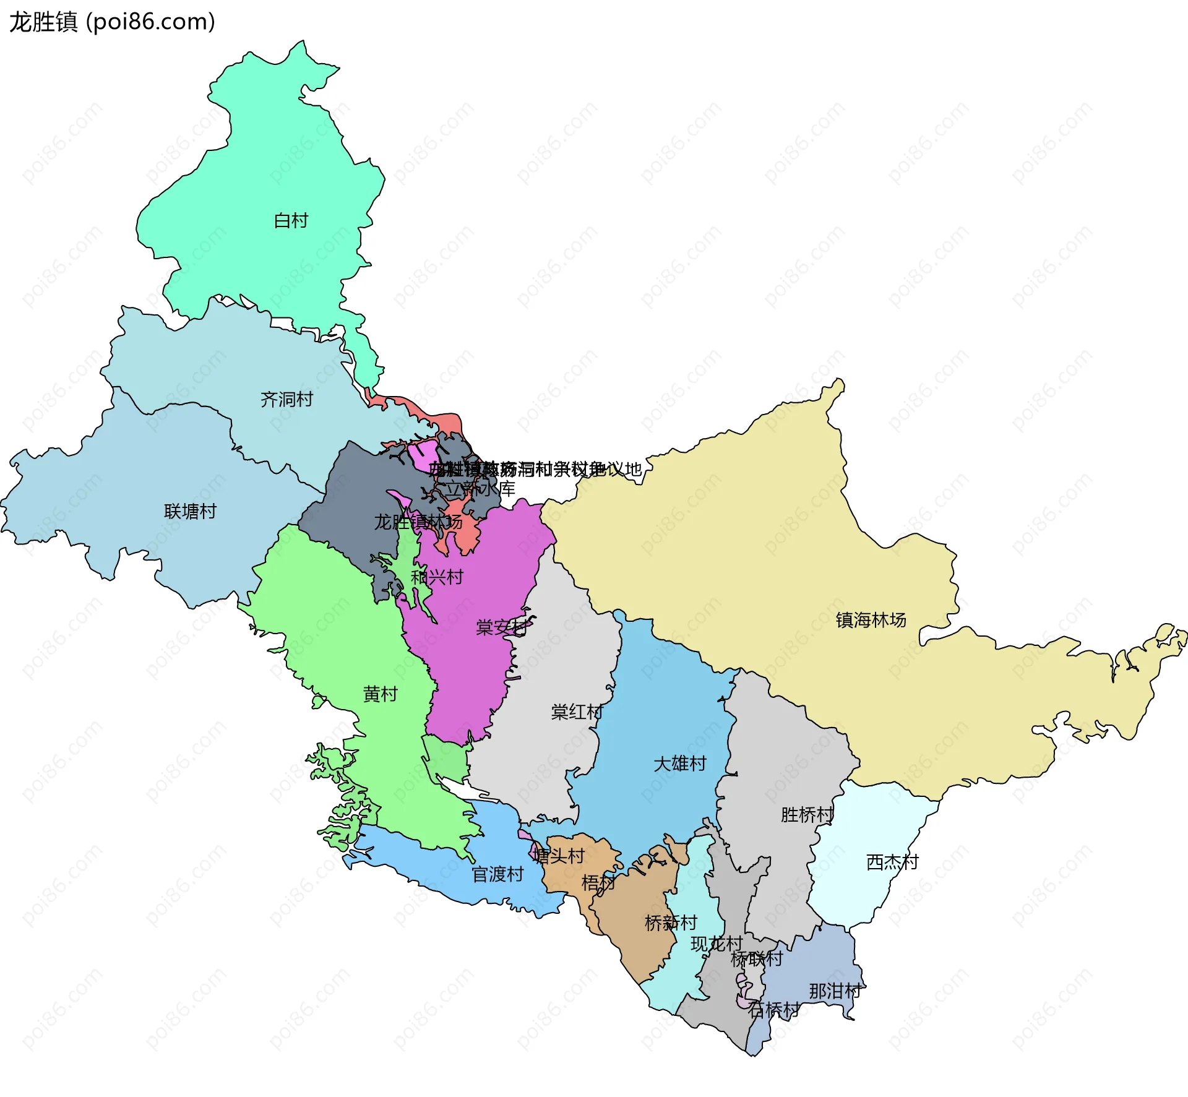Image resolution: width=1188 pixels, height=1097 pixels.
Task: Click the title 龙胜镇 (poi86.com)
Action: click(112, 22)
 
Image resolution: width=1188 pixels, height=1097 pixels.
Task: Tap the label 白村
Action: click(291, 221)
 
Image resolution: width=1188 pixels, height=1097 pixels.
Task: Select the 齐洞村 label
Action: click(286, 400)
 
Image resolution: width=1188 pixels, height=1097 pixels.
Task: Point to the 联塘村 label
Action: click(190, 512)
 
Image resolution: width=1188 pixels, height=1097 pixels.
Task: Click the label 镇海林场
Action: click(871, 620)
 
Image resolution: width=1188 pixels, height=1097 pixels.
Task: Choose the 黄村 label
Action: click(380, 694)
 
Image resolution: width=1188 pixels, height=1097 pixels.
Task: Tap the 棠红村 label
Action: click(577, 712)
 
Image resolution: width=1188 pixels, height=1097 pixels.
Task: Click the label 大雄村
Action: click(679, 764)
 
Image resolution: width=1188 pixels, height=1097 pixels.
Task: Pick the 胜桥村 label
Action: click(807, 815)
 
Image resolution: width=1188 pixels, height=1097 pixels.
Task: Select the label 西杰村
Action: click(892, 862)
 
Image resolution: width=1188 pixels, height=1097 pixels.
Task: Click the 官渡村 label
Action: click(497, 874)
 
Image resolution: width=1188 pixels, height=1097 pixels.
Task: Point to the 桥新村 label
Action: click(671, 923)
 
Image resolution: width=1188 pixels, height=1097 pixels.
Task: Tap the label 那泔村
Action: click(835, 991)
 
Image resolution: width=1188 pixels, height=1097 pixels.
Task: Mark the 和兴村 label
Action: click(437, 577)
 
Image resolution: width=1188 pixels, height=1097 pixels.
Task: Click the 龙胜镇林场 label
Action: click(418, 522)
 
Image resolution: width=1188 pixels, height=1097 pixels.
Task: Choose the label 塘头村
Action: click(559, 856)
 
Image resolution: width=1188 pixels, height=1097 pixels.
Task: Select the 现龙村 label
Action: click(717, 944)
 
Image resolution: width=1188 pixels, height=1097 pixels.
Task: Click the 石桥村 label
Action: click(773, 1010)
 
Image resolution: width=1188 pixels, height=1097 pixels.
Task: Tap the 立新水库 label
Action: click(480, 489)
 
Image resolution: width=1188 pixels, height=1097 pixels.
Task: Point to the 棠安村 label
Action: click(502, 627)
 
